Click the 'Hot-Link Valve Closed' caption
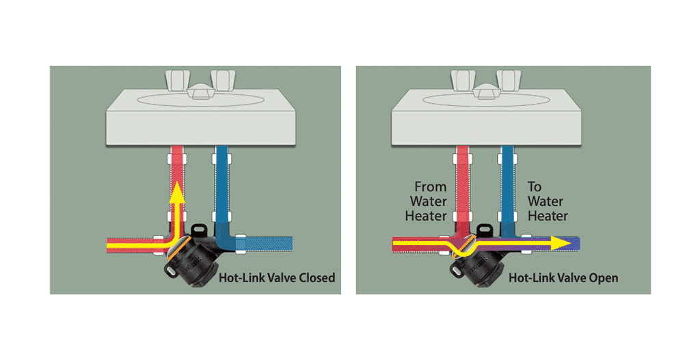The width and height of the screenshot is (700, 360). point(276,278)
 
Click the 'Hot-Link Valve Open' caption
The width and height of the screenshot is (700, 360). point(563,278)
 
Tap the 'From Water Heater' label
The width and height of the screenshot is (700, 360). point(428,201)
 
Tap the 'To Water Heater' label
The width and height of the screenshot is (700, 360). point(548,201)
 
